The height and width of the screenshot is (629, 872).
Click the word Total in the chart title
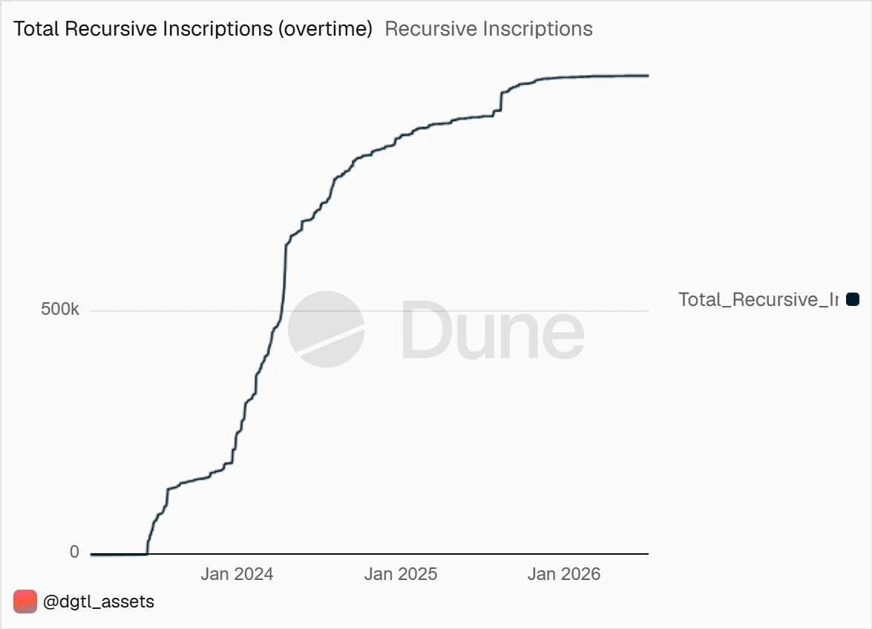point(36,29)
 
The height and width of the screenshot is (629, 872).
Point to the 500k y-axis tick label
point(60,309)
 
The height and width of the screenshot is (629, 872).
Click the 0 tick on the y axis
point(74,552)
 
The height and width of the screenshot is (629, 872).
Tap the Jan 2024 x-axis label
point(237,574)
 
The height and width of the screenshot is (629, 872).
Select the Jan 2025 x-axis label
point(401,574)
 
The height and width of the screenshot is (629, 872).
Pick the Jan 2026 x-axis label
point(564,574)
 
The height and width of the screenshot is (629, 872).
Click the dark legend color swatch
point(853,299)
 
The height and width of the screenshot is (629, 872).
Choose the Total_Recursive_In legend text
point(758,299)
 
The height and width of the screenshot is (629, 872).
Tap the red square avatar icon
point(25,602)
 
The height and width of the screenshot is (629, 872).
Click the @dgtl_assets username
point(99,602)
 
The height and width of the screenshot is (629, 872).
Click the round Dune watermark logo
point(326,329)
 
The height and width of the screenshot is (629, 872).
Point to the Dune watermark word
point(493,329)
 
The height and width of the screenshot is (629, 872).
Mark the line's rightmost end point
point(649,75)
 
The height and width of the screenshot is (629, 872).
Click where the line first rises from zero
point(147,553)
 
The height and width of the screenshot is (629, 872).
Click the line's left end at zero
point(91,555)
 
